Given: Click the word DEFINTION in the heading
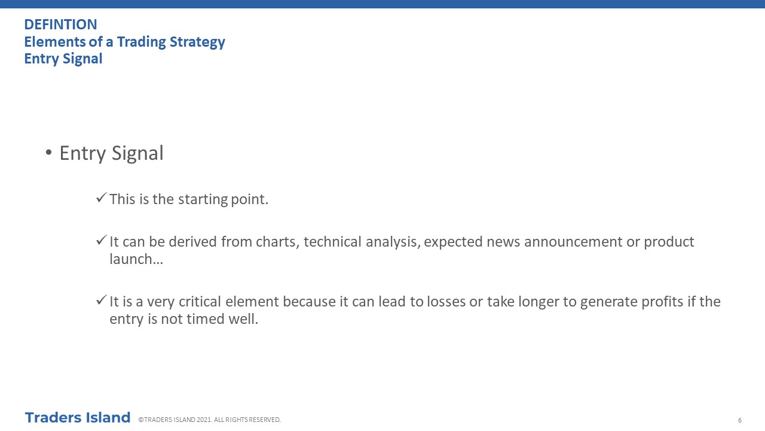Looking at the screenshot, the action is pyautogui.click(x=61, y=25).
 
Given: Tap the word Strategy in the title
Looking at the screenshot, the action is pyautogui.click(x=197, y=42).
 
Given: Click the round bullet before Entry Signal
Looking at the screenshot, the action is pyautogui.click(x=48, y=153).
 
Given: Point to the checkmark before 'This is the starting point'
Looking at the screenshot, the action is pyautogui.click(x=102, y=198).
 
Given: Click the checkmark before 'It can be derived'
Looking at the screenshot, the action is pyautogui.click(x=102, y=240).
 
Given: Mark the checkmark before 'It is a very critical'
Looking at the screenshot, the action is pyautogui.click(x=102, y=300).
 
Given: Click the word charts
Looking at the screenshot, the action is pyautogui.click(x=278, y=242).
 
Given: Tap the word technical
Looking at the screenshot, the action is pyautogui.click(x=332, y=242).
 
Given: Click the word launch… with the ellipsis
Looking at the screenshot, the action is pyautogui.click(x=136, y=259).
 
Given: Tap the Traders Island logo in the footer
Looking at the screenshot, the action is pyautogui.click(x=78, y=418).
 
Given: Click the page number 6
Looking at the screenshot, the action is pyautogui.click(x=740, y=420).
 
